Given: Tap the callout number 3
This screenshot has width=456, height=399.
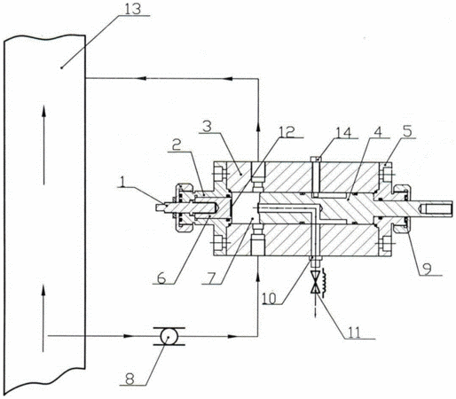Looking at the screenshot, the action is pos(208,126).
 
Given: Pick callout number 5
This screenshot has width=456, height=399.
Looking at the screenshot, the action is pos(407,131).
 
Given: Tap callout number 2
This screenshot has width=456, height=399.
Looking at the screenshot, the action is pos(177,145).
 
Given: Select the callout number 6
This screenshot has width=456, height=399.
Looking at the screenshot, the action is pos(161,278).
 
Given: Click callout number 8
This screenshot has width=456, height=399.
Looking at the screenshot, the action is pos(130,379).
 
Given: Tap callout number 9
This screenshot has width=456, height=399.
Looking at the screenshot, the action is pos(427,269).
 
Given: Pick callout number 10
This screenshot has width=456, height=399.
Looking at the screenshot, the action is pos(270,298).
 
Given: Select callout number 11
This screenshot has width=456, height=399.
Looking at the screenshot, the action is pos(354,332).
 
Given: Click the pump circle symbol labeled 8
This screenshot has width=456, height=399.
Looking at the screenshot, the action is pos(169,336).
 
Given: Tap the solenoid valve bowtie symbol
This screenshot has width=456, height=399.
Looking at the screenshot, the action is pos(315,282).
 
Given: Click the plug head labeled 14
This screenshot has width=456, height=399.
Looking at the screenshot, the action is pos(317,159).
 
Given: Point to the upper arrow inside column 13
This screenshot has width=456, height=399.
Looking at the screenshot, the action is pos(43,145).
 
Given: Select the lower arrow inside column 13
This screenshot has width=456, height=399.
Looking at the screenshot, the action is pos(43,317).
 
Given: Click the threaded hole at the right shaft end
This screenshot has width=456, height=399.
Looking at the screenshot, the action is pos(437,208).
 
